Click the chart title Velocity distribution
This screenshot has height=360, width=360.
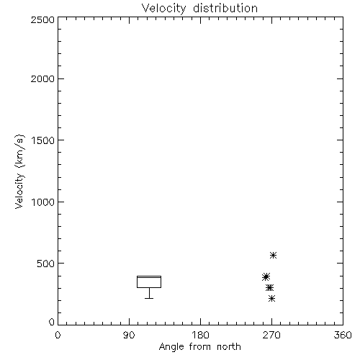(199, 8)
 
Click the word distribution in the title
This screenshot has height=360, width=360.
(225, 8)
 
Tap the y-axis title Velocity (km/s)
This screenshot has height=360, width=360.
(19, 171)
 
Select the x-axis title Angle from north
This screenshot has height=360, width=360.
(199, 346)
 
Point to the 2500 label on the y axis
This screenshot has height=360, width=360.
(42, 19)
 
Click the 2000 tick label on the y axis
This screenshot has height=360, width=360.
(42, 78)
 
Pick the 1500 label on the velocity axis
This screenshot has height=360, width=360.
(43, 140)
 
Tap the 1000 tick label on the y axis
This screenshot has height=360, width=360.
(43, 202)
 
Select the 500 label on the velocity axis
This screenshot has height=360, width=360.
(46, 264)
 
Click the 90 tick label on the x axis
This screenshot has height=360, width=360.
(129, 335)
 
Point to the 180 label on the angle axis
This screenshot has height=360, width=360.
(200, 335)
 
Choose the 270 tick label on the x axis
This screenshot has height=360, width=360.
(271, 335)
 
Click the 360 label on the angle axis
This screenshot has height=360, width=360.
(343, 335)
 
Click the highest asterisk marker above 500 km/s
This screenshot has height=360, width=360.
(273, 255)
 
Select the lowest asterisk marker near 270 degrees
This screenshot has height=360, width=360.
(271, 299)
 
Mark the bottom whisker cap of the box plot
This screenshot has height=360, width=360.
(149, 298)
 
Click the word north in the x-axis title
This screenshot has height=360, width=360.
(229, 346)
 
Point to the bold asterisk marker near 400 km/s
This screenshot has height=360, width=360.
(266, 276)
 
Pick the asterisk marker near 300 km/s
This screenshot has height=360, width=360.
(269, 287)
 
